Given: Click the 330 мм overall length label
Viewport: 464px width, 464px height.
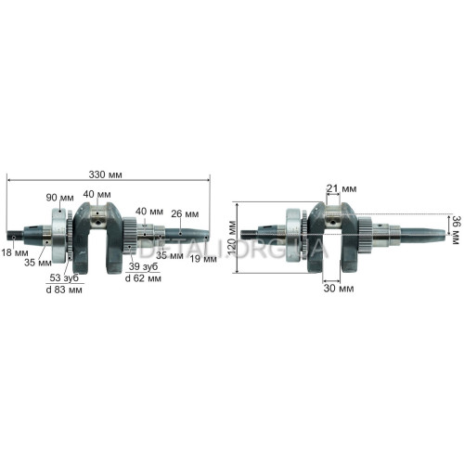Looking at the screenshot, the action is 105,174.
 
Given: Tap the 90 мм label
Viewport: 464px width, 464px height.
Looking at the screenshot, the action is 59,198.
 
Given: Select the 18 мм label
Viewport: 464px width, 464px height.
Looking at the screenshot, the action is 15,252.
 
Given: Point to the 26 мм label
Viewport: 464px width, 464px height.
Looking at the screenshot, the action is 185,213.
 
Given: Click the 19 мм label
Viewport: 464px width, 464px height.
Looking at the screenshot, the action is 203,259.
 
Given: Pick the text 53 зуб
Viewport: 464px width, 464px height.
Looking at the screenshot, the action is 64,277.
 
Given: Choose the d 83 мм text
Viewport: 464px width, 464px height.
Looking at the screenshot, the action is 64,290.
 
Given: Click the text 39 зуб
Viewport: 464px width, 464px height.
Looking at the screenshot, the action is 143,266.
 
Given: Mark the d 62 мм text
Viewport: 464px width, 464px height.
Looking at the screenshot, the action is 143,278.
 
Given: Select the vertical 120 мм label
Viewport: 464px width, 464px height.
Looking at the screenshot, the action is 232,238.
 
